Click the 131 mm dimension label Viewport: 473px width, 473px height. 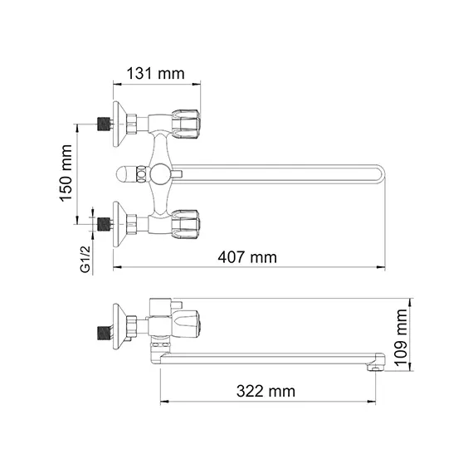(155, 74)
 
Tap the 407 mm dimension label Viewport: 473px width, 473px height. (251, 256)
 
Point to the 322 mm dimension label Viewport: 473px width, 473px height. (266, 390)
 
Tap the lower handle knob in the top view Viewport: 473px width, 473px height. (187, 222)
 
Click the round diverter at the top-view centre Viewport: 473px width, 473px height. (158, 174)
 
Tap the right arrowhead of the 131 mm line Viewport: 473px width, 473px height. (198, 83)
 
